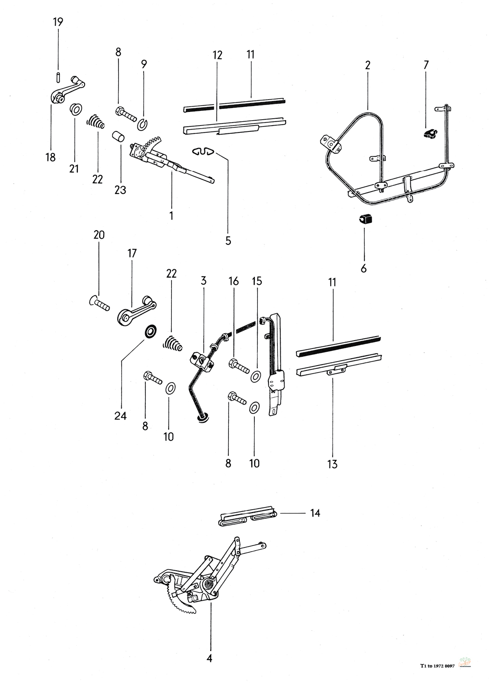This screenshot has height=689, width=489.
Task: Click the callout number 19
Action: tap(58, 22)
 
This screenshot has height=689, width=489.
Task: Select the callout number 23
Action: tap(120, 190)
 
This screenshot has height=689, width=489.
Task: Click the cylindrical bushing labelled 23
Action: tap(118, 136)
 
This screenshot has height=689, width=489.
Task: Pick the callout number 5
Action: tap(228, 240)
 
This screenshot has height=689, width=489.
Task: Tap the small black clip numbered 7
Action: tap(429, 133)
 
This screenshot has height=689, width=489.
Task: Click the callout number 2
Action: tap(368, 65)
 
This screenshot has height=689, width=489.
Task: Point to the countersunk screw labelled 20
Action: tap(98, 303)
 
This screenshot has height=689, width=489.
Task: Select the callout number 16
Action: tap(234, 280)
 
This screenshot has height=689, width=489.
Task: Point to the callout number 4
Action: tap(210, 657)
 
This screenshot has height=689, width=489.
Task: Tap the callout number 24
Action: tap(120, 415)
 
